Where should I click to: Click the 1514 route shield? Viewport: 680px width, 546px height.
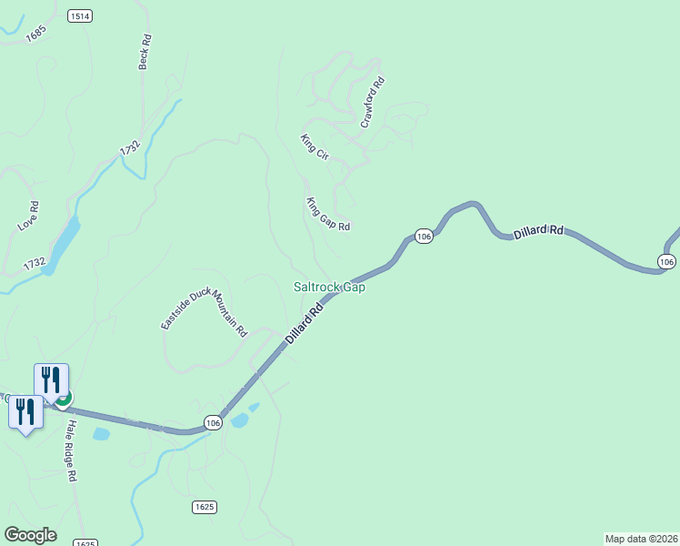tap(80, 16)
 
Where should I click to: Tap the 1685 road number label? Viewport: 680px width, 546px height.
tap(36, 33)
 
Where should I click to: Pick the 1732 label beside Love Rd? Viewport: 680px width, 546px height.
tap(35, 264)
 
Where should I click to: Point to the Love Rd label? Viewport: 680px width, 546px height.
tap(28, 216)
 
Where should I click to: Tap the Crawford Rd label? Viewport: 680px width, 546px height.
tap(373, 102)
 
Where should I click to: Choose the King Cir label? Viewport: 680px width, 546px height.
tap(314, 147)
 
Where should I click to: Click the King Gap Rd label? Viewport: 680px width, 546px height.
tap(327, 214)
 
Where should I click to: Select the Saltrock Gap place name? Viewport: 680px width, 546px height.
tap(329, 287)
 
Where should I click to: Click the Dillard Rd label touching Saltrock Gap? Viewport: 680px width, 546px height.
tap(305, 324)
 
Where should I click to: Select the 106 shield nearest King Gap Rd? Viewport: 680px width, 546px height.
tap(424, 236)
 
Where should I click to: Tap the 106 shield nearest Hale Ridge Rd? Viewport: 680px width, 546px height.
tap(213, 423)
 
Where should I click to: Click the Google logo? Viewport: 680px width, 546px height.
tap(30, 535)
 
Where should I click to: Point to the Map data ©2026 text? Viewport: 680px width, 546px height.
tap(641, 538)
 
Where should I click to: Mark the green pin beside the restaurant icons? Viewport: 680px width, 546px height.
tap(64, 398)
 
